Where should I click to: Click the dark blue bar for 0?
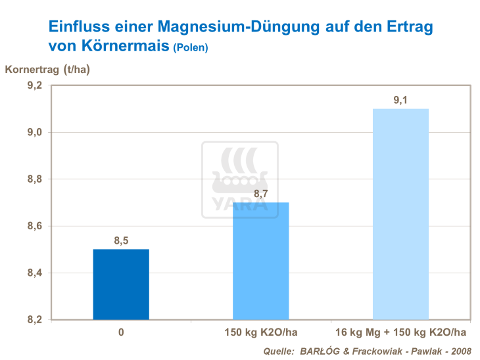(x=121, y=284)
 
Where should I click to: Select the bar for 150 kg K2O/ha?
(x=261, y=261)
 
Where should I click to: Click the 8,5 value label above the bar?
(x=121, y=241)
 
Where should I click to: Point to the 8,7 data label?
(x=261, y=194)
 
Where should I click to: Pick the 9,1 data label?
(x=400, y=100)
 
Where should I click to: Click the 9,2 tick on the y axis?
(x=34, y=85)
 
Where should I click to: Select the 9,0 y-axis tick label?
(x=34, y=133)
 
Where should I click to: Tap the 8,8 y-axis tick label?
(x=34, y=179)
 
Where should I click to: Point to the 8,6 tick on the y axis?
(x=34, y=226)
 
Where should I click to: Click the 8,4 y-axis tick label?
(x=34, y=273)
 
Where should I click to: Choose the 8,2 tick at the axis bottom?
(x=34, y=320)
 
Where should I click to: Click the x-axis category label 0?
(x=121, y=332)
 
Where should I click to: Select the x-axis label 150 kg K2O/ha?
(x=261, y=332)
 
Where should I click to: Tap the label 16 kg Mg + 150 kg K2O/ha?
(x=400, y=332)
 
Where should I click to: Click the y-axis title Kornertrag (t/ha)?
(x=47, y=69)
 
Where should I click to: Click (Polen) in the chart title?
(x=190, y=48)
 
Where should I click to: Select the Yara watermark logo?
(x=239, y=180)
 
